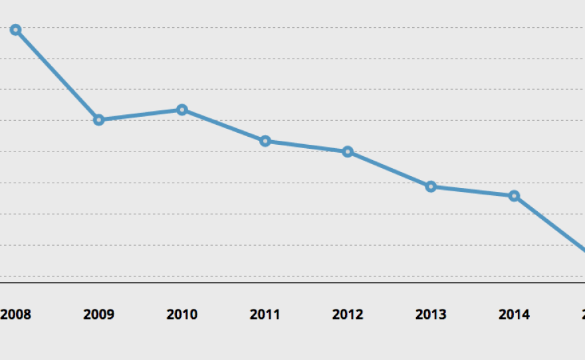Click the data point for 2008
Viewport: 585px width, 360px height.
pos(15,30)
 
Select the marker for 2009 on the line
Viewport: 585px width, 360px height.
pos(98,120)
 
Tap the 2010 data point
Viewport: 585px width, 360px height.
pos(181,110)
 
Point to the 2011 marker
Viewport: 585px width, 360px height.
pos(265,141)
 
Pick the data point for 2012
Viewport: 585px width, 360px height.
pos(348,152)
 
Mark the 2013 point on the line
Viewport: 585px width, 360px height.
pos(431,187)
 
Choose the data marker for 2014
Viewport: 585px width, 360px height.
pos(514,196)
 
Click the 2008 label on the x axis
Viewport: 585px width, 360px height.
pos(15,314)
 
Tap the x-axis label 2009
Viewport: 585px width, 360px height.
pos(98,314)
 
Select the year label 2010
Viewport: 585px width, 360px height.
pos(181,314)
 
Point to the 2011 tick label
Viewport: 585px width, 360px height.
pos(265,314)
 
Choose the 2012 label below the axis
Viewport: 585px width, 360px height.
pos(348,314)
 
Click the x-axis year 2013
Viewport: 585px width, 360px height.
pos(431,314)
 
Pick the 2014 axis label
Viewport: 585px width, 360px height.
pos(514,314)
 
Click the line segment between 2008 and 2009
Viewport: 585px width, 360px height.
pos(57,75)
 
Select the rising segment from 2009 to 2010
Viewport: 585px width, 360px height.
pos(140,115)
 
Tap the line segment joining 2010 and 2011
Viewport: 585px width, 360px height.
pos(223,125)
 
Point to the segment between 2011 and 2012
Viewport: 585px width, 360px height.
pos(306,146)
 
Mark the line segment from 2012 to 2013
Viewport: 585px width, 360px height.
pos(389,169)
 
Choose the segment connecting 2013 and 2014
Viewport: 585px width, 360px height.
pos(472,191)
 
